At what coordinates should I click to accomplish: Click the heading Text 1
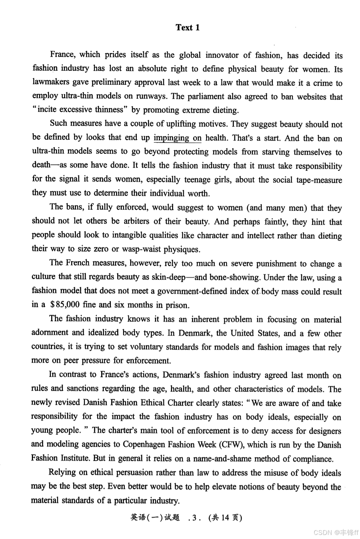pyautogui.click(x=188, y=27)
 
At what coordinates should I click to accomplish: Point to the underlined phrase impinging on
pyautogui.click(x=178, y=138)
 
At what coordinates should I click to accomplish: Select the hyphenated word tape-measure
pyautogui.click(x=319, y=180)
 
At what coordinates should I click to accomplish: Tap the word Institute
pyautogui.click(x=74, y=459)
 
